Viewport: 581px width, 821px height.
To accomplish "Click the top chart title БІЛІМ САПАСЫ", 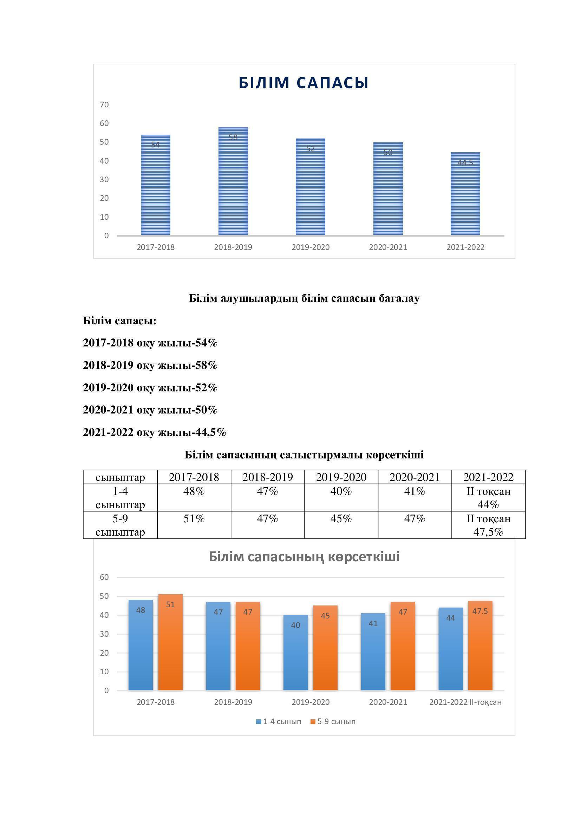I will [303, 82].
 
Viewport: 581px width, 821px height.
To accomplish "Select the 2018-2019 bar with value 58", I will [233, 181].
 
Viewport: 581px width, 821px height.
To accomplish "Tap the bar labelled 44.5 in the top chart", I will [465, 194].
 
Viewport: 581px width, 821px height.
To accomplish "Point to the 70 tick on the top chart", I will [104, 105].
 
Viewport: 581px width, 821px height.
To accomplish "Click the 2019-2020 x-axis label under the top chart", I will [310, 247].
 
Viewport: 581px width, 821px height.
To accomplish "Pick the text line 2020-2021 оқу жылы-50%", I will [150, 410].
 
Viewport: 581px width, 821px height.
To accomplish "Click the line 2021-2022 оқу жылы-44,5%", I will [154, 432].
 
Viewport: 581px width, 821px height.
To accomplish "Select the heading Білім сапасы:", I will [119, 321].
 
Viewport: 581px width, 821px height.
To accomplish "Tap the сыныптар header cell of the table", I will [120, 477].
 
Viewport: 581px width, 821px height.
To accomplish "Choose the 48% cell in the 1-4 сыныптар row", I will [194, 492].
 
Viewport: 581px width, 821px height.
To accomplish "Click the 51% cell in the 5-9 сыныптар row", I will [194, 519].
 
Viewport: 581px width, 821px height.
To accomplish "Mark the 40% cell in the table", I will [341, 492].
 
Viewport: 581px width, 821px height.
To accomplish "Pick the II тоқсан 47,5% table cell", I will [488, 525].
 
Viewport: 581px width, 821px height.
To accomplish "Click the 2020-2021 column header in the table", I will [414, 477].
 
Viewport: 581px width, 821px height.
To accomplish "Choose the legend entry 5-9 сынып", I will [333, 722].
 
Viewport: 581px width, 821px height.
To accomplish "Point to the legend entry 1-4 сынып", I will [278, 722].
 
